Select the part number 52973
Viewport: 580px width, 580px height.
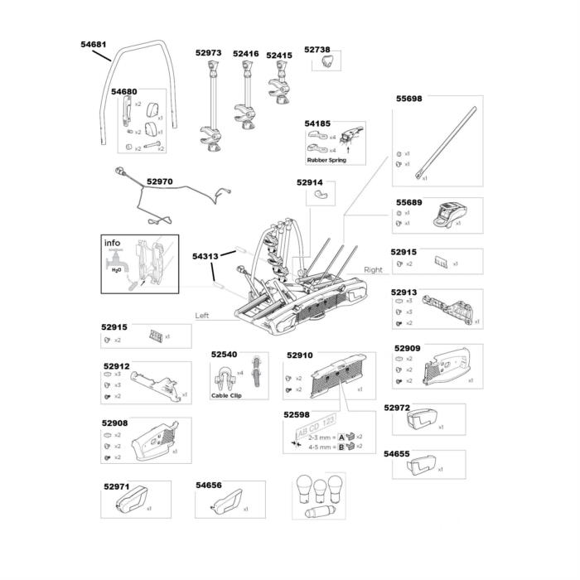click(x=208, y=53)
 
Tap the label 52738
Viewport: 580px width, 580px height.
click(x=317, y=50)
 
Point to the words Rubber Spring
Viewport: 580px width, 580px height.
click(x=326, y=160)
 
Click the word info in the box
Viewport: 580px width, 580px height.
click(x=112, y=244)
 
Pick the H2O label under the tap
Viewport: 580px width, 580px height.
click(x=116, y=269)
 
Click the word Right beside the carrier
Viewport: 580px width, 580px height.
click(x=373, y=270)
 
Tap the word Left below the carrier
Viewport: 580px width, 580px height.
click(x=202, y=316)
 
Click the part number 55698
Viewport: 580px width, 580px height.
click(x=408, y=98)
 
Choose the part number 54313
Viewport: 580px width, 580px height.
click(x=205, y=256)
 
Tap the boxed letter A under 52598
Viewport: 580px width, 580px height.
click(x=341, y=436)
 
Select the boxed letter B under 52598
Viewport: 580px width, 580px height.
click(x=341, y=446)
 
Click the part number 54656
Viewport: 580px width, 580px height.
click(x=209, y=486)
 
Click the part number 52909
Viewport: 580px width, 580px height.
click(x=408, y=348)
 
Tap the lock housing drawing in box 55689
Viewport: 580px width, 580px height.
click(x=447, y=215)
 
